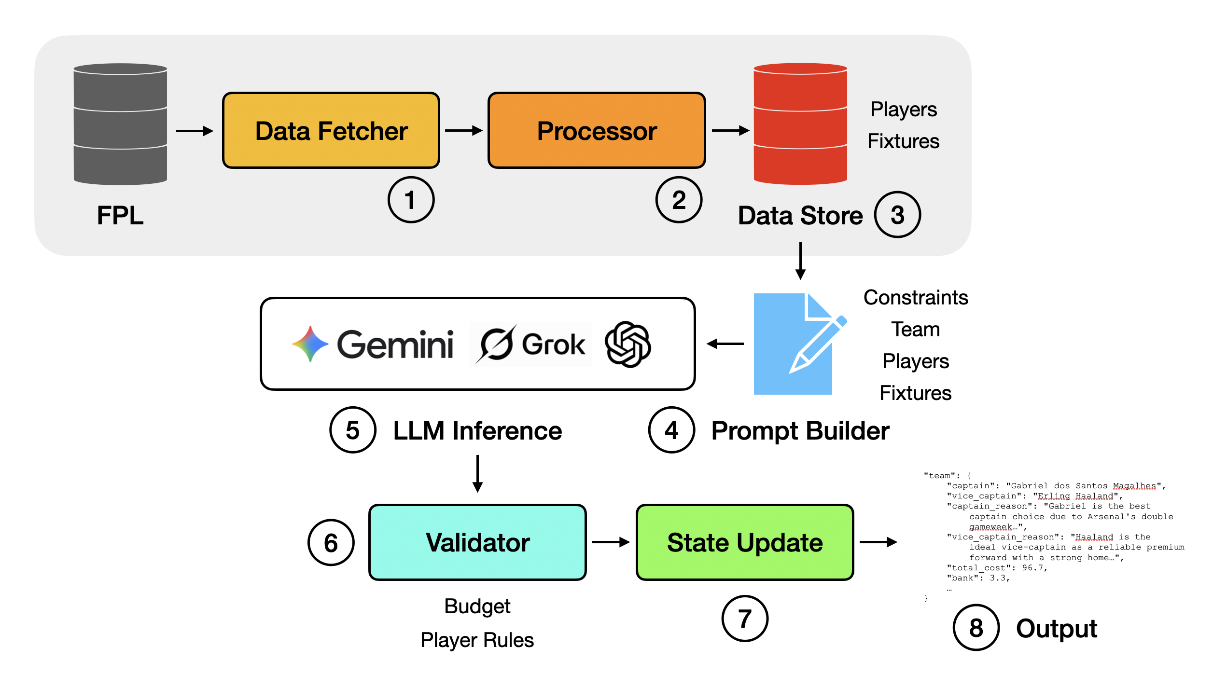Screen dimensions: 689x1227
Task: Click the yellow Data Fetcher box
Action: point(331,131)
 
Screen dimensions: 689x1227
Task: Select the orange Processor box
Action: point(597,131)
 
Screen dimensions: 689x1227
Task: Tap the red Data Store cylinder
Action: point(800,124)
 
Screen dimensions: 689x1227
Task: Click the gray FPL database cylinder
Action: point(120,124)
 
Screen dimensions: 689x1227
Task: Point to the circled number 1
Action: point(411,200)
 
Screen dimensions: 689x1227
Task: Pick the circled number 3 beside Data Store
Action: point(897,215)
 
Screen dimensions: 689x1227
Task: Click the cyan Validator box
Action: point(477,542)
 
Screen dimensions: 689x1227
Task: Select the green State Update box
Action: point(745,542)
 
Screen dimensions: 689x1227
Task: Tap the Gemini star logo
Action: point(310,344)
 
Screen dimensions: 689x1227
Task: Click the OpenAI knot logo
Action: point(627,344)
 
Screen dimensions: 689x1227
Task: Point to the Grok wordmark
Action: point(553,344)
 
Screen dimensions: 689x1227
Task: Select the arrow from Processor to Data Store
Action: point(730,130)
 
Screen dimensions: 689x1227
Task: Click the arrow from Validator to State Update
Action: point(611,542)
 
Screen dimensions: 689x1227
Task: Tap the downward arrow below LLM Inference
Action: point(477,474)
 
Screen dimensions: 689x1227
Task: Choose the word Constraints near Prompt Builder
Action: point(915,298)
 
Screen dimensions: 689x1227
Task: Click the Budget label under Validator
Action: point(477,606)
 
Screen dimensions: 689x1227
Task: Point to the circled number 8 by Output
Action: point(976,628)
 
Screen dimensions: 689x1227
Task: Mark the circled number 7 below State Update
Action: point(744,619)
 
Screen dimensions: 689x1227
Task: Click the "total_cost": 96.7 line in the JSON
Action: point(997,568)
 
